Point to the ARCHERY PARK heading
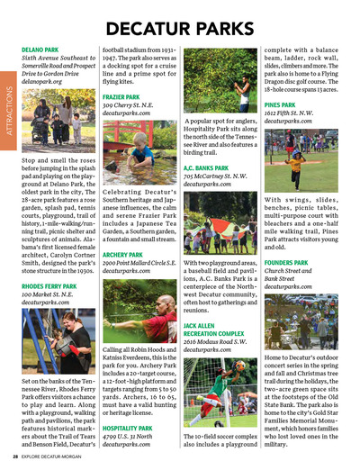123,255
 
